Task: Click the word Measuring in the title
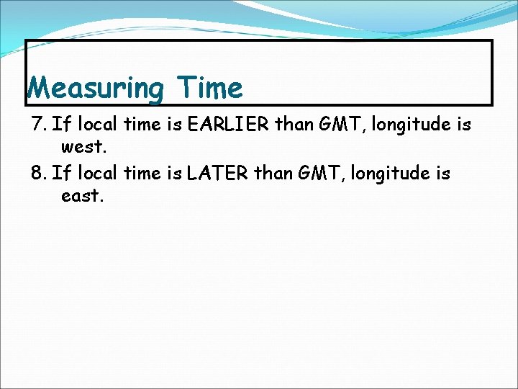tap(95, 89)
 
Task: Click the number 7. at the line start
tap(40, 125)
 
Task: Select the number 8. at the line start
tap(40, 173)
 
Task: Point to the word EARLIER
tap(228, 125)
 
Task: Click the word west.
tap(85, 148)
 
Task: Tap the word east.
tap(83, 196)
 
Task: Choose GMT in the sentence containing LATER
tap(316, 173)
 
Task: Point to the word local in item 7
tap(98, 125)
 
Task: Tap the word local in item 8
tap(98, 173)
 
